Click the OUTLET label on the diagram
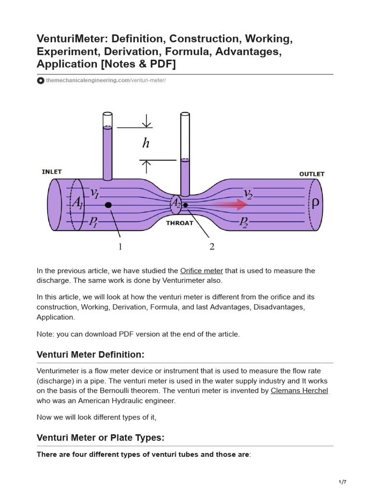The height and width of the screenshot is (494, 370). click(x=312, y=174)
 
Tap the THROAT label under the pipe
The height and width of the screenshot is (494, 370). click(x=180, y=223)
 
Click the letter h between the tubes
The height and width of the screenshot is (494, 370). click(x=146, y=143)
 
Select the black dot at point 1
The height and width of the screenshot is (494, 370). click(x=108, y=205)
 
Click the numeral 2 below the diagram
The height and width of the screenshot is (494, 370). click(x=211, y=247)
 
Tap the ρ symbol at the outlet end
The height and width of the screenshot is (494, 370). click(x=315, y=204)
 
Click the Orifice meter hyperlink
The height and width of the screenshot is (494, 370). click(x=201, y=271)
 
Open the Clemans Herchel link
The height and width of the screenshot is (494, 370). click(x=299, y=390)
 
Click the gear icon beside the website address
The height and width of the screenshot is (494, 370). click(x=41, y=81)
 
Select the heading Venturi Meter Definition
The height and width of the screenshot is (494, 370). click(x=91, y=355)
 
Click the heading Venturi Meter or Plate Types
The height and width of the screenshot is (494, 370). click(x=101, y=438)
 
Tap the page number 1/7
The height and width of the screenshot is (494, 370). click(x=343, y=482)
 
